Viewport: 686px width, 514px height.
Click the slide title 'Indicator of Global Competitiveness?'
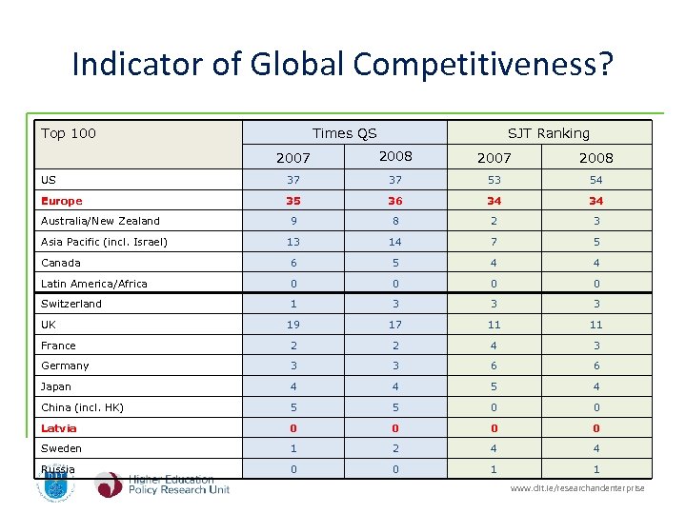tap(343, 65)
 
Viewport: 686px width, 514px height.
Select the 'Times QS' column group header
tap(344, 133)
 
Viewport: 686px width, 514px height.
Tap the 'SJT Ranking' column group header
tap(548, 133)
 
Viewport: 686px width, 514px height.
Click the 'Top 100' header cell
tap(69, 133)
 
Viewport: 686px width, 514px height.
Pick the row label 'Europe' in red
tap(62, 201)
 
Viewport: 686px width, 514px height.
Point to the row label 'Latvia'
tap(59, 428)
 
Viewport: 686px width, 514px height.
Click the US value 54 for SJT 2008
tap(595, 180)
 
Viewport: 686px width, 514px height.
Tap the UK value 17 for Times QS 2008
tap(394, 325)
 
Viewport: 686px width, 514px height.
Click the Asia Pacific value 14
tap(394, 242)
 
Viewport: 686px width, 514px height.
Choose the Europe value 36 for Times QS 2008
tap(394, 201)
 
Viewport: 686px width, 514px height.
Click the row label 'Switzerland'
tap(71, 304)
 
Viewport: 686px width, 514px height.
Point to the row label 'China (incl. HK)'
tap(82, 407)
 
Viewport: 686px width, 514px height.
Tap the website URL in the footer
tap(577, 488)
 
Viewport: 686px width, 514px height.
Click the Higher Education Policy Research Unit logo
tap(162, 484)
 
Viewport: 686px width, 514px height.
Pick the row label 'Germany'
tap(65, 366)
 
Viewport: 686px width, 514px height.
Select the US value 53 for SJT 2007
tap(494, 180)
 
